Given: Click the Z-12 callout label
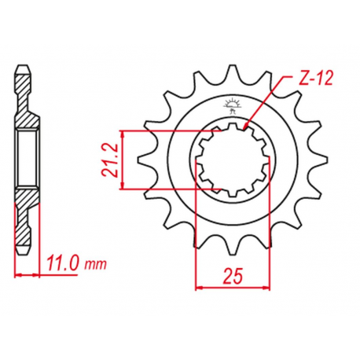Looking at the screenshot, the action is point(316,78).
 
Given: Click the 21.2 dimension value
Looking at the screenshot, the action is point(109,160).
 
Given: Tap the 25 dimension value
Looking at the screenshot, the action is point(233,276).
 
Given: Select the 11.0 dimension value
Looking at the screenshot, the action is point(62,264).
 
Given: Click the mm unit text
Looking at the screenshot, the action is point(95,266).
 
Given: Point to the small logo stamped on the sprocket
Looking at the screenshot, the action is point(231,105).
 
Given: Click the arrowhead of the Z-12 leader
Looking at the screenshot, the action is point(245,127).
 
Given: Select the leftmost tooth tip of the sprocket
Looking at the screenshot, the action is point(138,160).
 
